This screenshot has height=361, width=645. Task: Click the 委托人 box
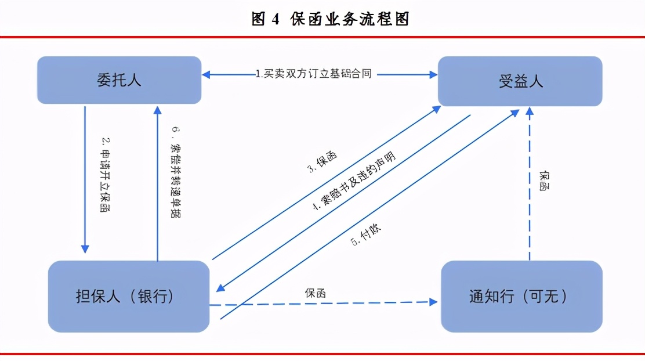119,80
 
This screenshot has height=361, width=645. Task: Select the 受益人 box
520,81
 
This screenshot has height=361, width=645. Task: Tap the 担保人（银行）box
128,296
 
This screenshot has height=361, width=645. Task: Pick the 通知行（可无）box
521,296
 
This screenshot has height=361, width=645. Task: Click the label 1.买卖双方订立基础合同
314,74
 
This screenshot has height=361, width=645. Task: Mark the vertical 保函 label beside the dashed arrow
544,180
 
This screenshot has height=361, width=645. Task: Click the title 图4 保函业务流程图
331,19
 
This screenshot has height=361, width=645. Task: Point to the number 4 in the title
275,19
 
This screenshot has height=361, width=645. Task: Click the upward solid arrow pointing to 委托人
157,180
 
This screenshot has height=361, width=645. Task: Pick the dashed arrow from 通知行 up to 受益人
530,186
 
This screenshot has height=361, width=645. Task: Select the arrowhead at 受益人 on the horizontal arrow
433,74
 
